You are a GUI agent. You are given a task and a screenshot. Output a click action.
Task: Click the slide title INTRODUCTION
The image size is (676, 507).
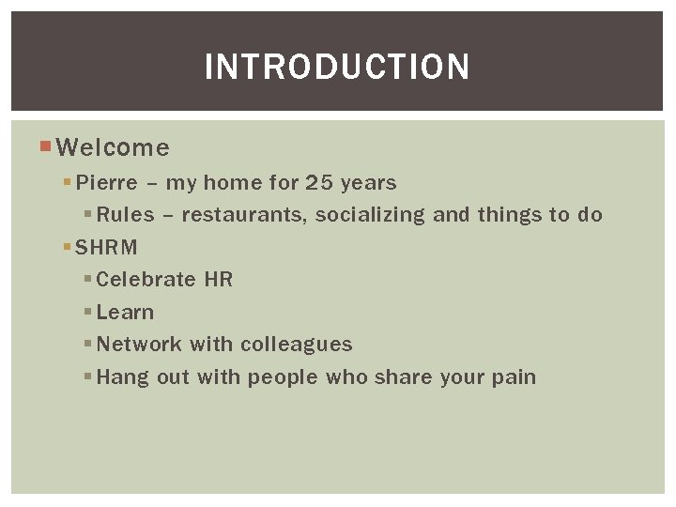click(x=337, y=67)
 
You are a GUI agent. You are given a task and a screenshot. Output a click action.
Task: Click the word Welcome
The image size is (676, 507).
click(x=113, y=148)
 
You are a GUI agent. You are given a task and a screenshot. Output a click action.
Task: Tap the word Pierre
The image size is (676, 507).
click(x=106, y=182)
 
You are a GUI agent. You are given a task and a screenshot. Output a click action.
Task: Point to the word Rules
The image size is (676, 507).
click(x=125, y=215)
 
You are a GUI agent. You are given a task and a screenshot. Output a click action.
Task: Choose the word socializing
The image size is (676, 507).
click(x=370, y=215)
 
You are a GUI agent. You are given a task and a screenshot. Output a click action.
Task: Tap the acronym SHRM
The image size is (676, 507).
click(x=106, y=248)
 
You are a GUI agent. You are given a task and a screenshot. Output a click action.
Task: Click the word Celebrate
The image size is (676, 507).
click(x=146, y=280)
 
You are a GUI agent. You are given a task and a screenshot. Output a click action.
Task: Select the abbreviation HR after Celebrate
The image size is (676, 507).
click(x=218, y=280)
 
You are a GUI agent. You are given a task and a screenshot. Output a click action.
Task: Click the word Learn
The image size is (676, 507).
click(x=125, y=312)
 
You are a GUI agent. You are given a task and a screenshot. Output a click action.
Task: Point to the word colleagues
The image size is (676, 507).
click(x=296, y=345)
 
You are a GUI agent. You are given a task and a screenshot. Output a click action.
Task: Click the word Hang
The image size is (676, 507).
click(x=117, y=377)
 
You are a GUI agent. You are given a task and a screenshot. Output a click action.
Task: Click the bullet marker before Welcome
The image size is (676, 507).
click(x=47, y=146)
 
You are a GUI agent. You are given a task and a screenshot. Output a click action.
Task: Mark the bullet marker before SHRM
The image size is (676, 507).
click(x=68, y=248)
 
